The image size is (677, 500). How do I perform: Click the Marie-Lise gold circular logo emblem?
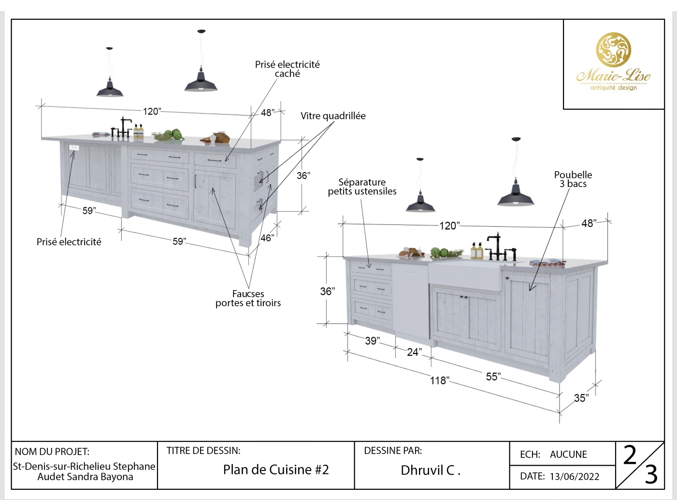[613, 49]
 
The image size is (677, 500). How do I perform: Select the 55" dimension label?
[493, 376]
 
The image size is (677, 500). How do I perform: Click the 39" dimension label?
[372, 340]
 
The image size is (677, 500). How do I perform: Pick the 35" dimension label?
[581, 398]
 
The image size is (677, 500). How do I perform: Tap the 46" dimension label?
[267, 238]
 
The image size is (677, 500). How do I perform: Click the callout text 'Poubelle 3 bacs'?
[573, 179]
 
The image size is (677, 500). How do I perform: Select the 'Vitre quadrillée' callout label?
[333, 116]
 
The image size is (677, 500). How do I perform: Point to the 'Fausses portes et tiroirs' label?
[248, 298]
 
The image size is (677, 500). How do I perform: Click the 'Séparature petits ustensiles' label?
[362, 187]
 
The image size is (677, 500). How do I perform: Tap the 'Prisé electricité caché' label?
[288, 69]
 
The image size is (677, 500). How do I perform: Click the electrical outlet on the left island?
[74, 147]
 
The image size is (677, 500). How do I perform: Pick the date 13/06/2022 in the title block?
[574, 476]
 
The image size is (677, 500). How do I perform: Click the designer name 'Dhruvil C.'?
[430, 470]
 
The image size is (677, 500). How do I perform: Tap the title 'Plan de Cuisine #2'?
[276, 470]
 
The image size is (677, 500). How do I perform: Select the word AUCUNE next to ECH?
[568, 455]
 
